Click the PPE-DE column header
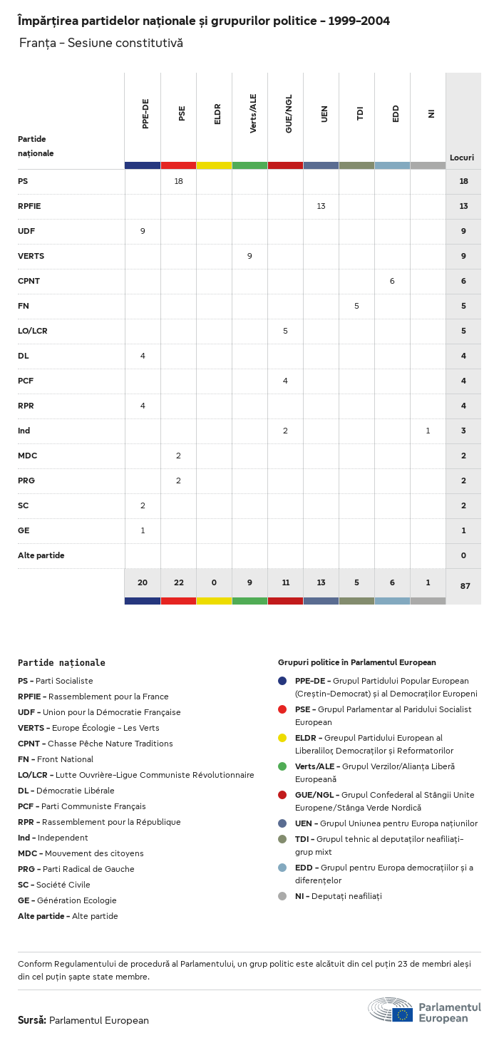tap(145, 113)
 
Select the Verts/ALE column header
tap(253, 113)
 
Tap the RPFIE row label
tap(29, 206)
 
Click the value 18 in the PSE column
tap(178, 181)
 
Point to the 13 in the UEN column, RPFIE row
tap(321, 206)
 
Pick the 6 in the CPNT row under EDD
tap(392, 281)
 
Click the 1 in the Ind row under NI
tap(428, 431)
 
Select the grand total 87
tap(465, 586)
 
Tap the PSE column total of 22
tap(178, 582)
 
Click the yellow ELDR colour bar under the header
tap(214, 165)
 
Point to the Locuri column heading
tap(462, 158)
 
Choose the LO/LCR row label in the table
tap(33, 331)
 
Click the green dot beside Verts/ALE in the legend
tap(282, 766)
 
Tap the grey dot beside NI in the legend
tap(282, 896)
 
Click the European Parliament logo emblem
tap(390, 1010)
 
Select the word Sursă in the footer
tap(32, 1020)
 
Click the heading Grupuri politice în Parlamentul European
tap(356, 662)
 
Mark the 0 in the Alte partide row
tap(463, 555)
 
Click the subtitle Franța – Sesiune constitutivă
tap(101, 43)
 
